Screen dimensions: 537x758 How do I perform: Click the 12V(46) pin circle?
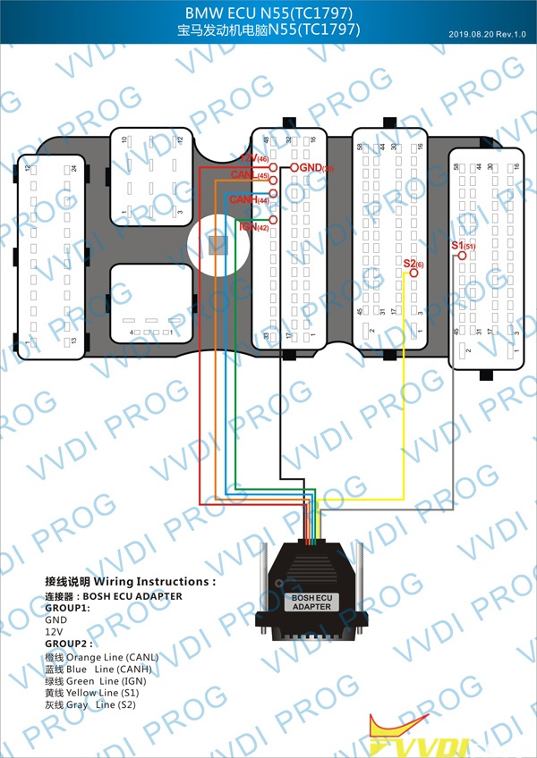(x=274, y=166)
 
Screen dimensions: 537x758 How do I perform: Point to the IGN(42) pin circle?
(x=273, y=220)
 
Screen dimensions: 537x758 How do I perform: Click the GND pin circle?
(x=293, y=168)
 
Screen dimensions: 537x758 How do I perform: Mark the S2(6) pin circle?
(x=413, y=273)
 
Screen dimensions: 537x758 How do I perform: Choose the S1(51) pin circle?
(x=462, y=256)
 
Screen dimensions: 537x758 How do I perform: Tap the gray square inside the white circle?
(x=216, y=243)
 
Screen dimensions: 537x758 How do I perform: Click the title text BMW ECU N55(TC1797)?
(x=268, y=13)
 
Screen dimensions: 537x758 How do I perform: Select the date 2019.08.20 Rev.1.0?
(x=489, y=35)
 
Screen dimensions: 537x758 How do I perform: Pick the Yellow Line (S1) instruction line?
(x=93, y=692)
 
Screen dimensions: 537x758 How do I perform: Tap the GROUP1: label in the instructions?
(x=66, y=607)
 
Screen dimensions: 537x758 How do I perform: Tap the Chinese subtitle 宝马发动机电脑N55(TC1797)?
(x=268, y=29)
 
